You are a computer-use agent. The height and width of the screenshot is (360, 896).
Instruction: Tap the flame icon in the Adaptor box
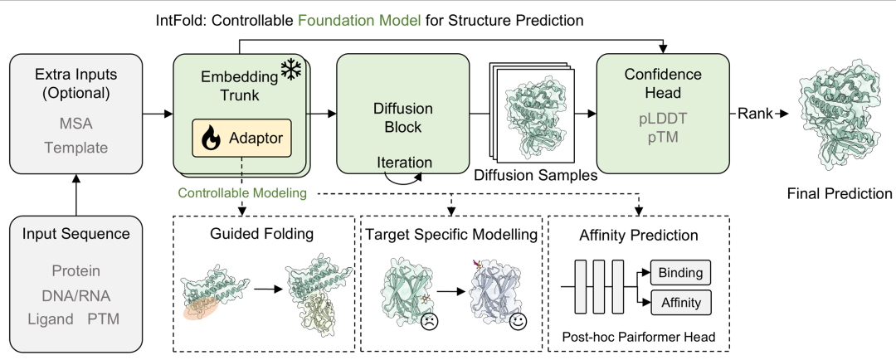click(210, 138)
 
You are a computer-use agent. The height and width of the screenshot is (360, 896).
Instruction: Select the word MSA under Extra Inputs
click(76, 124)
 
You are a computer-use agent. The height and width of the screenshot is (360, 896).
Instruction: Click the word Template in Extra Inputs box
click(76, 148)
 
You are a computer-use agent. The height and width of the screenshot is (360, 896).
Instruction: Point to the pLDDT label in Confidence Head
click(662, 120)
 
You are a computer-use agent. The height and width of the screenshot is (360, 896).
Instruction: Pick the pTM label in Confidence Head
click(662, 138)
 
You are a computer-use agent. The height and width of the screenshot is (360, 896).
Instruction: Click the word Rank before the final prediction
click(754, 114)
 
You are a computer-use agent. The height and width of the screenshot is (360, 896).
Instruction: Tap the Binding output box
click(680, 273)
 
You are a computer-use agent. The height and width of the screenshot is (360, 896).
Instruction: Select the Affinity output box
click(680, 301)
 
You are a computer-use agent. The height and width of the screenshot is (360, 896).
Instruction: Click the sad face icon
click(429, 322)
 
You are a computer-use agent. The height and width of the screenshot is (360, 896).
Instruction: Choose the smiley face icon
click(519, 320)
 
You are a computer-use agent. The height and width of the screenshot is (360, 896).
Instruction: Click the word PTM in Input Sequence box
click(104, 319)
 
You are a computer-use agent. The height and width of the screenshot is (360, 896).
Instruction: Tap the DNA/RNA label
click(76, 295)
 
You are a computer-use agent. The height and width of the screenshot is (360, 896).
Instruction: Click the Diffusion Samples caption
click(537, 175)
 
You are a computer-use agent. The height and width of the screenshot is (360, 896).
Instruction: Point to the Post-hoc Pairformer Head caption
click(638, 337)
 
